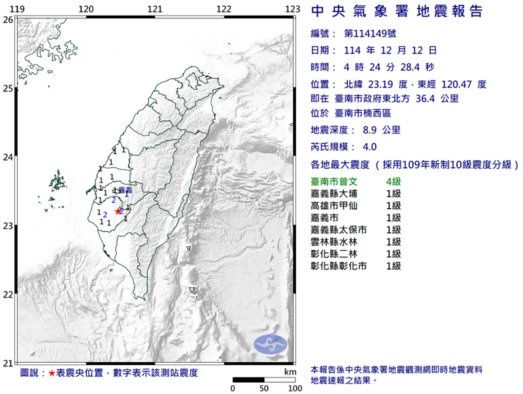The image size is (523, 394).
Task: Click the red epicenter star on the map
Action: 118,211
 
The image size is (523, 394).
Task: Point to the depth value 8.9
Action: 363,131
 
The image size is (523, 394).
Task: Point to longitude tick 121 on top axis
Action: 155,8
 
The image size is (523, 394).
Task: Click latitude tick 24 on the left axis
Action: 8,157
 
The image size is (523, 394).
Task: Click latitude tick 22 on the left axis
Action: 8,295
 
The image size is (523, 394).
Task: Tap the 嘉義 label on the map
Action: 125,189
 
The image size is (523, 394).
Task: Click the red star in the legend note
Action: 52,374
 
